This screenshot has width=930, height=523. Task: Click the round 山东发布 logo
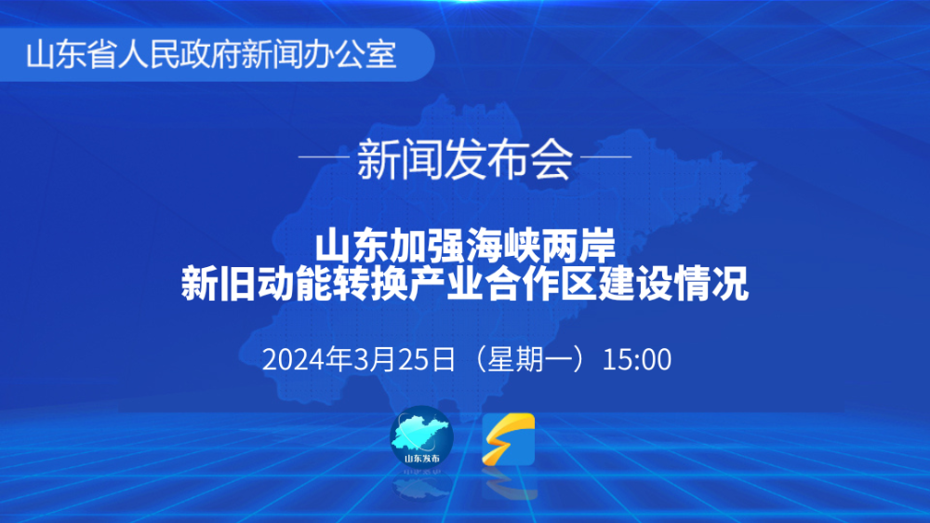(421, 438)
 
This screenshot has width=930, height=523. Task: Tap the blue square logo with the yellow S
(509, 439)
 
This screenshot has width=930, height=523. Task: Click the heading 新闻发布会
(465, 159)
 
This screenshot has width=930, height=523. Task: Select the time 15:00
(636, 360)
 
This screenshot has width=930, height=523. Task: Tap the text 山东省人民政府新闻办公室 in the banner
(211, 55)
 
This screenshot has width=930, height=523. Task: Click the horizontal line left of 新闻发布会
(324, 157)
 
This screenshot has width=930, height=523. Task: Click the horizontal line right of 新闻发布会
(606, 157)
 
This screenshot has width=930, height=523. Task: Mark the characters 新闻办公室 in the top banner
(319, 55)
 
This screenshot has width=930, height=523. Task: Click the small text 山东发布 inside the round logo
(421, 458)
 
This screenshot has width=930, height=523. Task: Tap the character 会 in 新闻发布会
(552, 159)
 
